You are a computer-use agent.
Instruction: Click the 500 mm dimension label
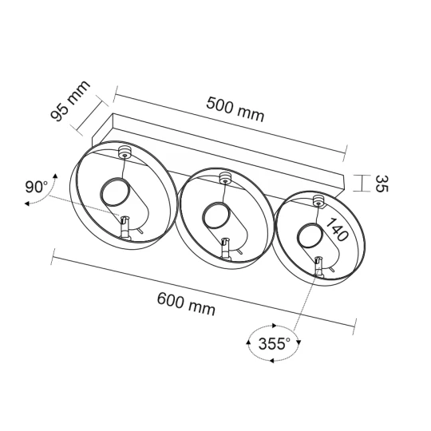click(235, 109)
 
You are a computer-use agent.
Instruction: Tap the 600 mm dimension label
click(186, 304)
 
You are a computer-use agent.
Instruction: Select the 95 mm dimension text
click(70, 101)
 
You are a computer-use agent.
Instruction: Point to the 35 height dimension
click(382, 184)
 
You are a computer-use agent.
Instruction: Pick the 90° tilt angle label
click(37, 187)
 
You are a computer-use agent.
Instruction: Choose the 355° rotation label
click(274, 343)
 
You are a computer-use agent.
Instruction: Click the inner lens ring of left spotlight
click(115, 192)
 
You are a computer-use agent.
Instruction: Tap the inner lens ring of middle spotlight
click(215, 215)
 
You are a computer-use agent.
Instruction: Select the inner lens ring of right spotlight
click(310, 235)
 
